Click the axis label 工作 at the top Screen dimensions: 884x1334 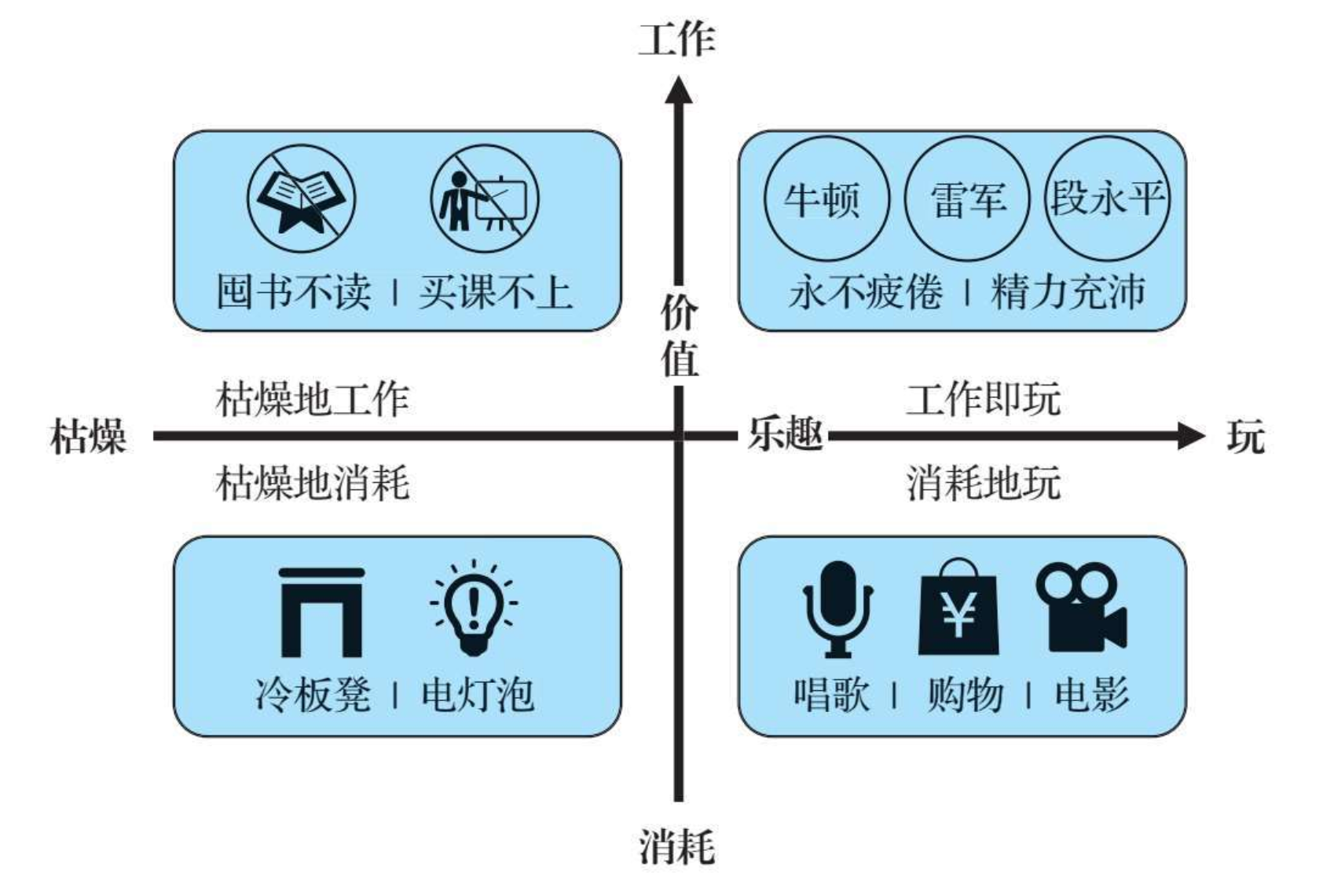[x=677, y=39]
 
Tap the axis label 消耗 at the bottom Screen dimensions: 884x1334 [x=677, y=847]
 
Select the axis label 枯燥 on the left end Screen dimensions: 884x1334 [x=88, y=437]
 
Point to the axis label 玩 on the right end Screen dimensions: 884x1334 [x=1246, y=437]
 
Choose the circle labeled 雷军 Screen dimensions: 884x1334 [x=967, y=198]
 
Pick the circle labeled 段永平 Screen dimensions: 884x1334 [x=1107, y=198]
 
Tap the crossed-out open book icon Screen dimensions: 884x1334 [x=302, y=199]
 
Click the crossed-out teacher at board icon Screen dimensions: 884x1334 [x=485, y=199]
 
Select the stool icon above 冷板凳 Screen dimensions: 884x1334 [x=321, y=612]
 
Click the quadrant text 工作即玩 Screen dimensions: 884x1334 [x=984, y=399]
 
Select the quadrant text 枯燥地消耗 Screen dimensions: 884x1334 [x=313, y=482]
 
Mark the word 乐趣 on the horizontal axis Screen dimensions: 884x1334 [x=785, y=434]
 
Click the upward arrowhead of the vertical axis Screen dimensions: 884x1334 [x=679, y=90]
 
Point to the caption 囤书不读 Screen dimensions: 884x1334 [x=294, y=292]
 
